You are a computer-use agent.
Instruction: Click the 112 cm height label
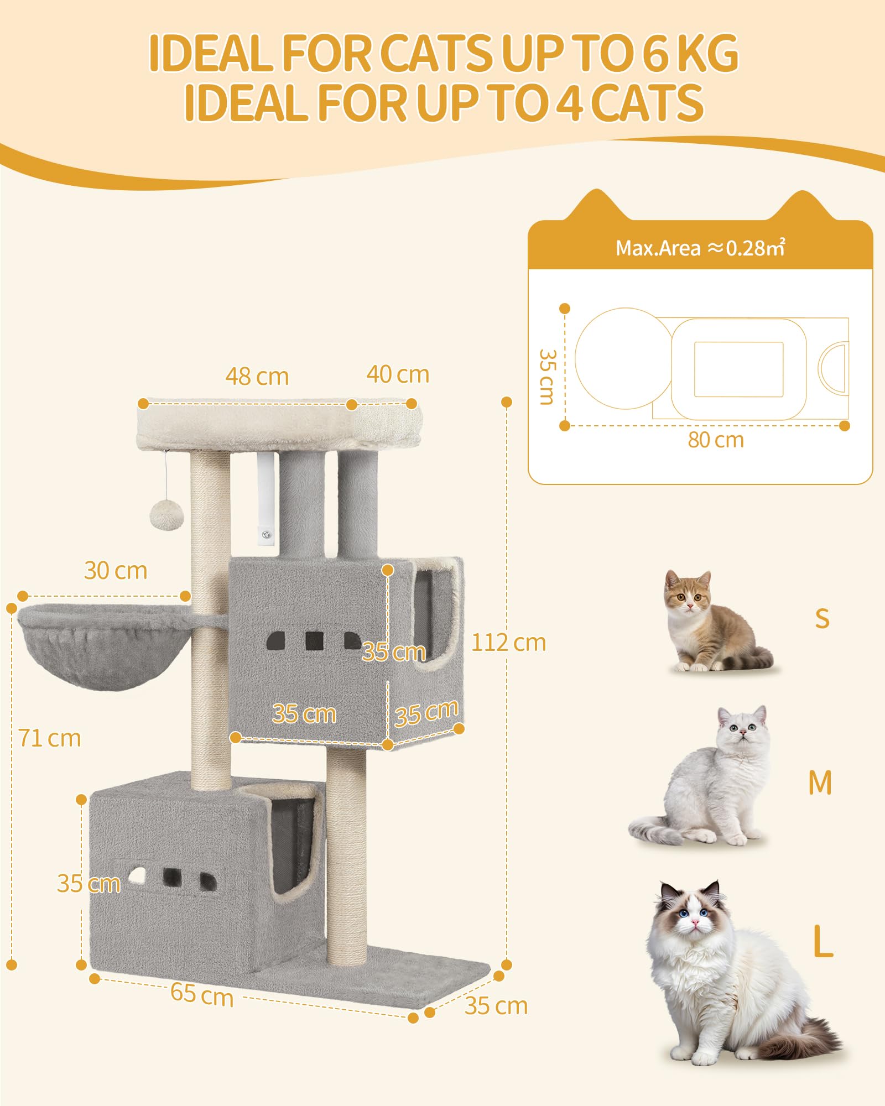(508, 643)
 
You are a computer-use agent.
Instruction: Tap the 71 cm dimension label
(50, 738)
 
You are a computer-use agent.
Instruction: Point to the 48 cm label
(257, 377)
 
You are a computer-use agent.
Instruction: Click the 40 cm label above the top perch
(398, 374)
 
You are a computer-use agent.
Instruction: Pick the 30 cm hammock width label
(116, 571)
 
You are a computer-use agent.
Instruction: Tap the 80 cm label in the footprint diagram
(716, 440)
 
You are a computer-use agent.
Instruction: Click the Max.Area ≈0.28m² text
(700, 248)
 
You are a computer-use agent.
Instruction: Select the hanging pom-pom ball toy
(166, 515)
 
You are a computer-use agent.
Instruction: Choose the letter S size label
(822, 619)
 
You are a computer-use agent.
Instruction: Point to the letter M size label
(820, 783)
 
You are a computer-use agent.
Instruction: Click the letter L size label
(823, 941)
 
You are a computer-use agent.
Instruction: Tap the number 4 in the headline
(570, 103)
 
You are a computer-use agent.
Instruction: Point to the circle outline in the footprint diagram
(576, 358)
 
